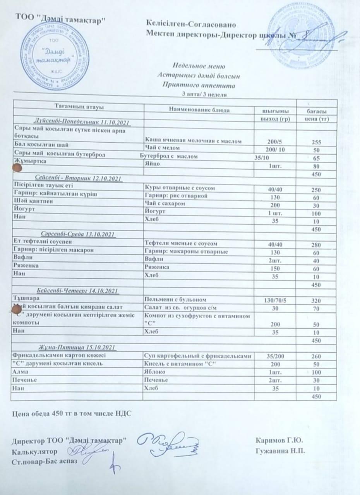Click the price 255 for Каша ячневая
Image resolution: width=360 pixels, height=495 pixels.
point(316,142)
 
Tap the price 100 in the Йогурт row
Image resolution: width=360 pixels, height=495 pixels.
point(316,213)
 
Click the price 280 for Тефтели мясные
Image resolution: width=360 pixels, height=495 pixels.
point(316,244)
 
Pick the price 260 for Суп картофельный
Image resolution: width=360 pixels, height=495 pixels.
point(316,356)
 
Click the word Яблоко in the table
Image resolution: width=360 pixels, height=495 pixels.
point(154,372)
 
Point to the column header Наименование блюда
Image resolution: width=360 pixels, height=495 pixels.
point(199,110)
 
